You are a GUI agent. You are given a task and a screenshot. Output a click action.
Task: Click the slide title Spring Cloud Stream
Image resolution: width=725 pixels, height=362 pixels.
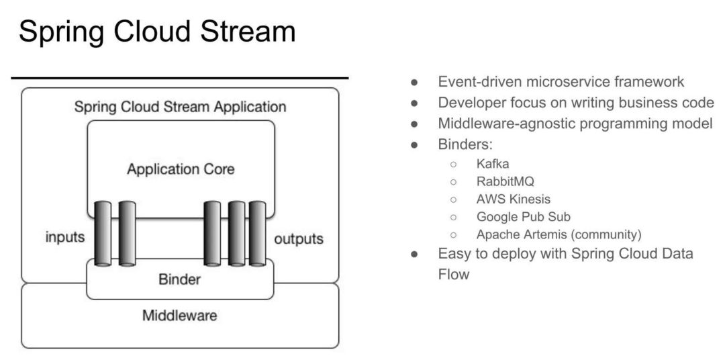point(157,32)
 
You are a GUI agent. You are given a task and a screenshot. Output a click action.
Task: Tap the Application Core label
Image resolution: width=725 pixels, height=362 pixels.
point(181,169)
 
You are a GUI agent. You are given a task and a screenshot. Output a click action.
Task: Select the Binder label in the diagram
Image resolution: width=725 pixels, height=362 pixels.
point(179,279)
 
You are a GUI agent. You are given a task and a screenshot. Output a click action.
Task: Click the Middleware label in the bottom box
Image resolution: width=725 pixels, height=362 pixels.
point(179,315)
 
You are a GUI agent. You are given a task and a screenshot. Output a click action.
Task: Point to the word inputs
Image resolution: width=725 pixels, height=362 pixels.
point(65,237)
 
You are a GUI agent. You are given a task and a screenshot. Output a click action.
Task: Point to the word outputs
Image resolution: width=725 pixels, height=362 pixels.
point(299,238)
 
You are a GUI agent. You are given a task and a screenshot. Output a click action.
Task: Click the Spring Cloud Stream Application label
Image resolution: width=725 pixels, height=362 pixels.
point(180,107)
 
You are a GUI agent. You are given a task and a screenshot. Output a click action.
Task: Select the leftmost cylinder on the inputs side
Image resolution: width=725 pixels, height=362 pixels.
point(103,233)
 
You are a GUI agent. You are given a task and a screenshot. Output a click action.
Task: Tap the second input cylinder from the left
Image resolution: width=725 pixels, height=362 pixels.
point(127,233)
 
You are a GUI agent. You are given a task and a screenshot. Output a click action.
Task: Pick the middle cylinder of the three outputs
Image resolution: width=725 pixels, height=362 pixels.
point(236,233)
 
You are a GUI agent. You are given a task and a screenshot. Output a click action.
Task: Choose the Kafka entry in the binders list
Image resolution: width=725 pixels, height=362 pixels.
point(493,164)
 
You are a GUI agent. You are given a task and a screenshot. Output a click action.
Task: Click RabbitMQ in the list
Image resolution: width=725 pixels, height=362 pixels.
point(505,181)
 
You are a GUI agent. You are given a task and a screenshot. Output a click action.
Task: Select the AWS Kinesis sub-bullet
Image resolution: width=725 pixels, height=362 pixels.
point(513,199)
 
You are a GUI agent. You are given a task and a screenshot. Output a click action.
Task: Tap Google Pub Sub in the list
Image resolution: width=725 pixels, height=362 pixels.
point(523,217)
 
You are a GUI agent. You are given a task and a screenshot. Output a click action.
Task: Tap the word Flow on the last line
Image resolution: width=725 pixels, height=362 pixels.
point(454,274)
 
